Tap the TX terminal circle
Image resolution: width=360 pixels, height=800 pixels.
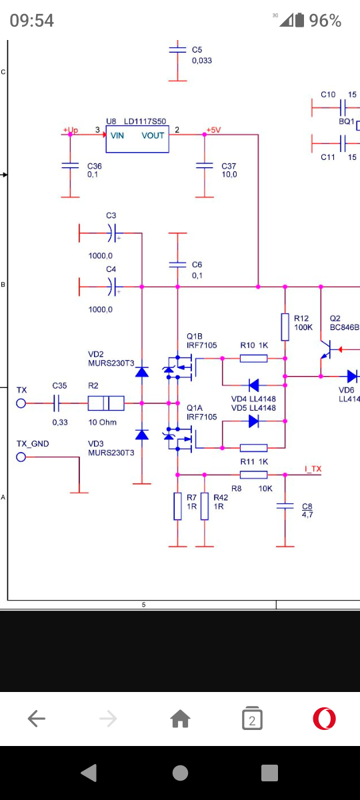click(x=21, y=403)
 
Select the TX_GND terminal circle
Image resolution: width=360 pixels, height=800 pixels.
click(x=21, y=457)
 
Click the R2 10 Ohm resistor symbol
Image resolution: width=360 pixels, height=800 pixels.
click(x=106, y=403)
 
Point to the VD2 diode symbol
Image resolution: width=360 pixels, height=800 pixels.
click(x=142, y=372)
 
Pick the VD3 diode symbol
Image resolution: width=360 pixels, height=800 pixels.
click(x=142, y=434)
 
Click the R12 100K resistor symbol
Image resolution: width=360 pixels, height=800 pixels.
click(x=285, y=327)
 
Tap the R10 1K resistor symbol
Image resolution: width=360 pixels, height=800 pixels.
click(x=253, y=358)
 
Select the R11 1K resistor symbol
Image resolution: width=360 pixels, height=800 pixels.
click(x=253, y=448)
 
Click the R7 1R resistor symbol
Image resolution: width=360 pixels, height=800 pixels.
click(x=177, y=506)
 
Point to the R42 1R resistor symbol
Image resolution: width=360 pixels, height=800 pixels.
click(x=204, y=506)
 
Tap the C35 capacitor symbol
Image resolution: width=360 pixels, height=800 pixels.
click(x=57, y=403)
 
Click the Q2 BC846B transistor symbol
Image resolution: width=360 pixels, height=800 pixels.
click(x=327, y=349)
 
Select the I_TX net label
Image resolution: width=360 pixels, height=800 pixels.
click(x=313, y=469)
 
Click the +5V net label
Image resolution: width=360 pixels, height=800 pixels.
click(x=213, y=130)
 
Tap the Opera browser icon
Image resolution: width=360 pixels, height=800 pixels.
click(x=324, y=719)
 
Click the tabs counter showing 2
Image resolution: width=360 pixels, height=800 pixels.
click(x=252, y=718)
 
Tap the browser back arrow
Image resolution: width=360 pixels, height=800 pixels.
click(x=37, y=719)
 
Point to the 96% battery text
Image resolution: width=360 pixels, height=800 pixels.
click(x=325, y=21)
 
